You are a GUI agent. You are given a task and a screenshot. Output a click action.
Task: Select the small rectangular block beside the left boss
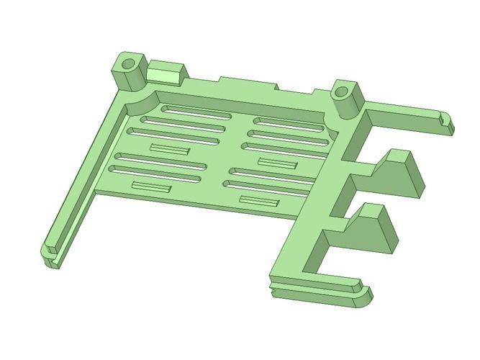click(x=166, y=73)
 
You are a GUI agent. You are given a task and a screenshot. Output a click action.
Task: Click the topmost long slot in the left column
click(x=196, y=112)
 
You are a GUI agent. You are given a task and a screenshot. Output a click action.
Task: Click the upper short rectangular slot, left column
click(x=170, y=149)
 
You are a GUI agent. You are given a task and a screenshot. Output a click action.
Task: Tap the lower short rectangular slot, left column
click(x=150, y=187)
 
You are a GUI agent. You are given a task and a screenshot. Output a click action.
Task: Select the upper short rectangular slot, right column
click(x=277, y=163)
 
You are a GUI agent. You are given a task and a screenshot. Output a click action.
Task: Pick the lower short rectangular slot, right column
click(x=258, y=201)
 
